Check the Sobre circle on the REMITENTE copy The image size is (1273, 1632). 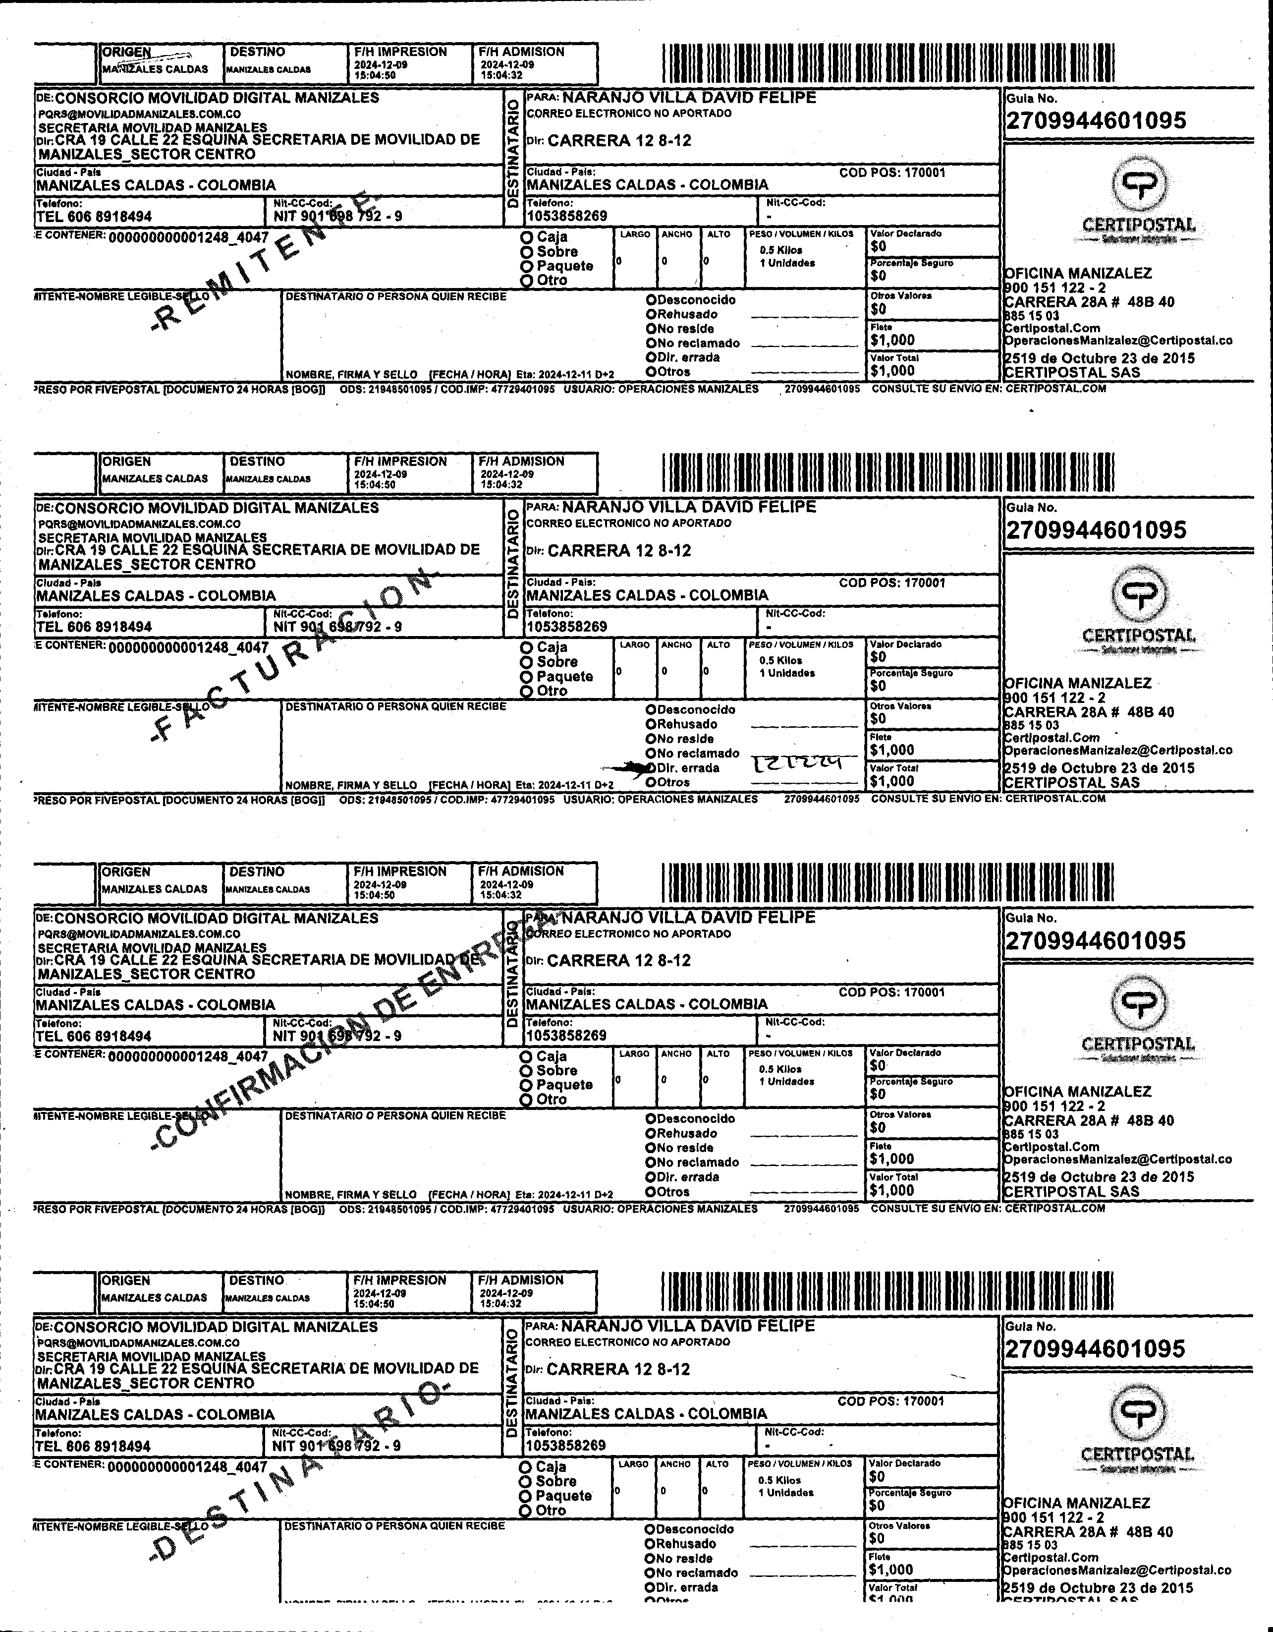tap(527, 252)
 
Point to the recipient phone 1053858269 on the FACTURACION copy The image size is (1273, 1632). tap(567, 626)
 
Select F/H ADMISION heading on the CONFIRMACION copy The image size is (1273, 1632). tap(521, 872)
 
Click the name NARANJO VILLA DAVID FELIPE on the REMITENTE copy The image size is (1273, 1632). tap(689, 98)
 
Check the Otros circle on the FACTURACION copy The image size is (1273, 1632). tap(651, 782)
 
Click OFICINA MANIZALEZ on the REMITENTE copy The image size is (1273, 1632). tap(1077, 274)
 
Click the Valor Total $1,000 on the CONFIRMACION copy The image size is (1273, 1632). tap(891, 1190)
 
